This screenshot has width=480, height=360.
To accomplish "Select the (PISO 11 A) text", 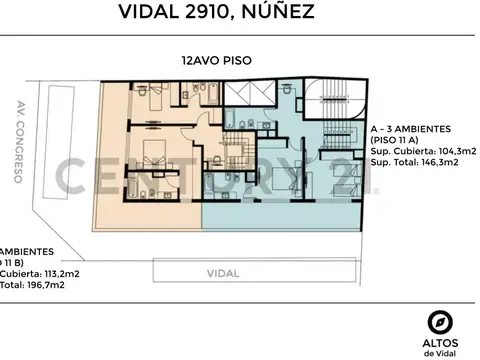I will (399, 140).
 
